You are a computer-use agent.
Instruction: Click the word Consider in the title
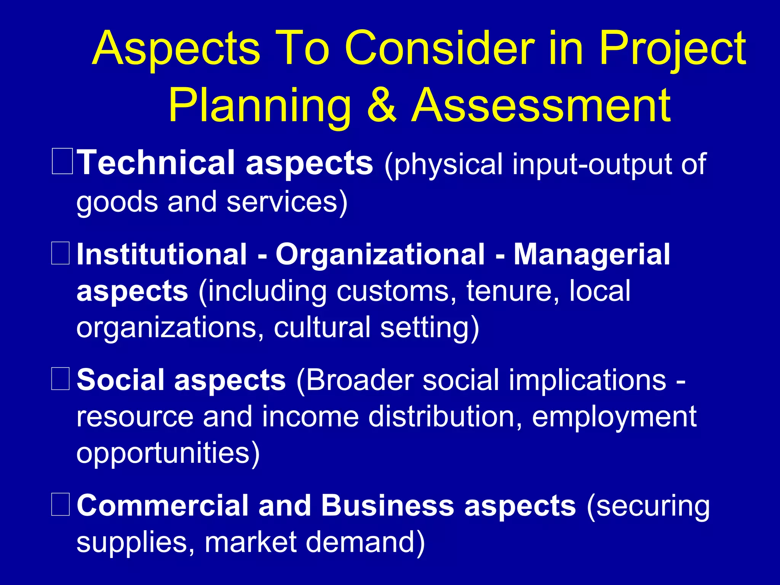pyautogui.click(x=439, y=49)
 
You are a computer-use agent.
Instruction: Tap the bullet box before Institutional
pyautogui.click(x=61, y=253)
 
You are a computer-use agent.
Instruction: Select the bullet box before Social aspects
pyautogui.click(x=61, y=379)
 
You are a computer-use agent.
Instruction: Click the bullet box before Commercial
pyautogui.click(x=61, y=504)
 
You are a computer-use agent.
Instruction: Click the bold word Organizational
pyautogui.click(x=380, y=254)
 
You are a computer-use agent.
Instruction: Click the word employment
pyautogui.click(x=614, y=417)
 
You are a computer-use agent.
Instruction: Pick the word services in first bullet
pyautogui.click(x=282, y=202)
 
